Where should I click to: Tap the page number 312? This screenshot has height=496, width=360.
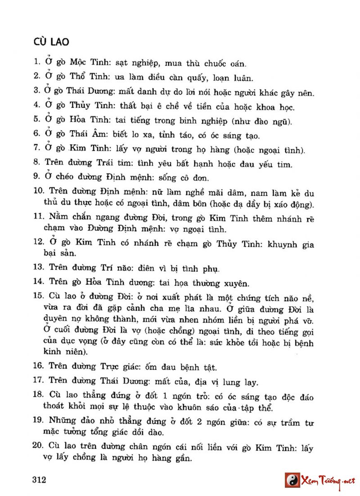[x=40, y=480]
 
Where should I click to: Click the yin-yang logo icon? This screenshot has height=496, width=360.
[x=293, y=480]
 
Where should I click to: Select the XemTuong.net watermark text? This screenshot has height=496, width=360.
[x=328, y=480]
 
